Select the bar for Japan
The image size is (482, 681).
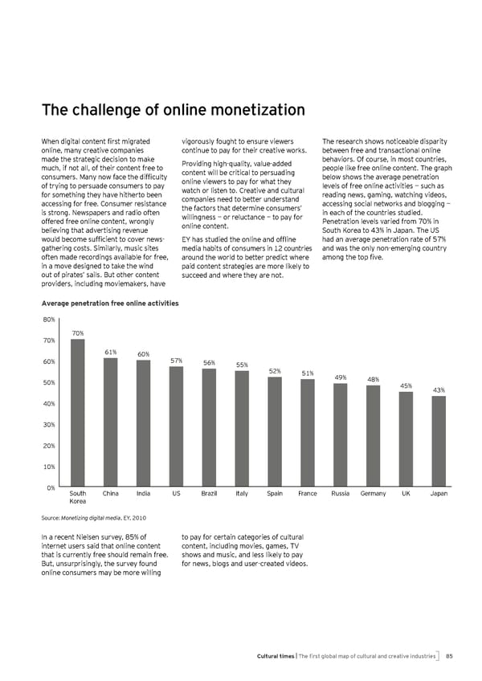(x=439, y=442)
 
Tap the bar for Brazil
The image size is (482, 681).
(x=209, y=428)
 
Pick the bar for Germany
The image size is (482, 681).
(x=373, y=436)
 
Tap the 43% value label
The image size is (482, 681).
(x=439, y=390)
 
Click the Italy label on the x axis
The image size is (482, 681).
(x=242, y=493)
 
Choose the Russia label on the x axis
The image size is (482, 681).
(x=340, y=493)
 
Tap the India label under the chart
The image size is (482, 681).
(x=144, y=493)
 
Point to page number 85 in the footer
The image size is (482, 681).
(x=450, y=656)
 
